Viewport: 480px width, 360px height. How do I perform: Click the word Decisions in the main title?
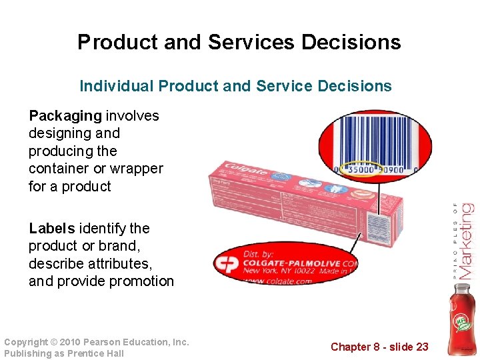tap(351, 43)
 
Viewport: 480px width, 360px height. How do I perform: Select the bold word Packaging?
tap(65, 116)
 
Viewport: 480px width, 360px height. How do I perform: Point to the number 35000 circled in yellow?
tap(360, 170)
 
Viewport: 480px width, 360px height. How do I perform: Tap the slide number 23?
tap(421, 347)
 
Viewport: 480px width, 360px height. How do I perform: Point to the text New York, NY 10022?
tap(280, 271)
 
